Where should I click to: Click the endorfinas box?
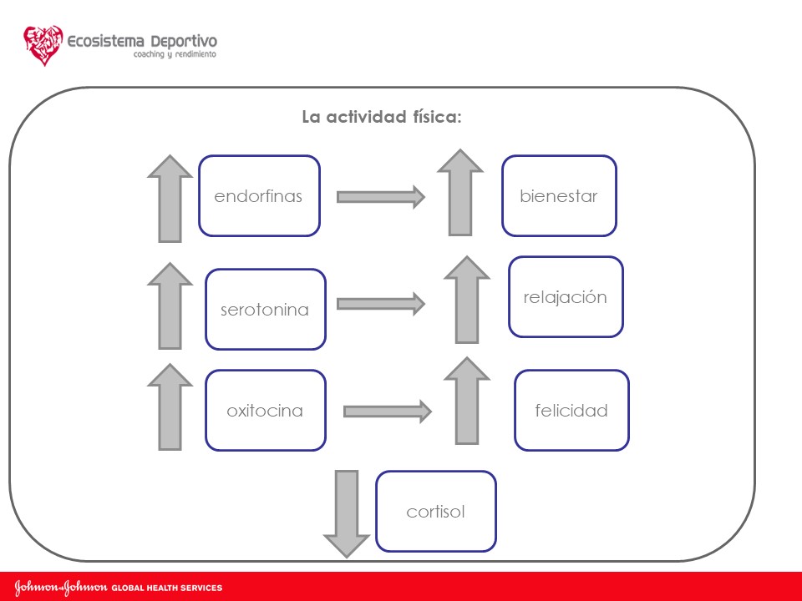tap(259, 196)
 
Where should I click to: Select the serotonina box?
tap(265, 309)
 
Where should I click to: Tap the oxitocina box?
tap(265, 411)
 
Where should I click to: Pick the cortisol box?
tap(435, 511)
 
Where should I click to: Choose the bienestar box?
tap(559, 196)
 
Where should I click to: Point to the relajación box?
tap(566, 297)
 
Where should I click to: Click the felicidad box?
tap(571, 411)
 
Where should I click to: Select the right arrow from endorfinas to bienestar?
tap(381, 197)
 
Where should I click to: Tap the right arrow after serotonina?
tap(381, 304)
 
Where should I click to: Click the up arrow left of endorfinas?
tap(170, 199)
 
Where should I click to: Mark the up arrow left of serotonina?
tap(170, 306)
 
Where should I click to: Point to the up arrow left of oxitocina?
tap(170, 407)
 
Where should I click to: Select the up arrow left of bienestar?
tap(459, 192)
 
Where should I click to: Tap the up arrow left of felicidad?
tap(467, 401)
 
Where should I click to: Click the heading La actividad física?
tap(382, 118)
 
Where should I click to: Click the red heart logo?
tap(43, 45)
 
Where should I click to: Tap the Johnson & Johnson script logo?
tap(61, 588)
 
